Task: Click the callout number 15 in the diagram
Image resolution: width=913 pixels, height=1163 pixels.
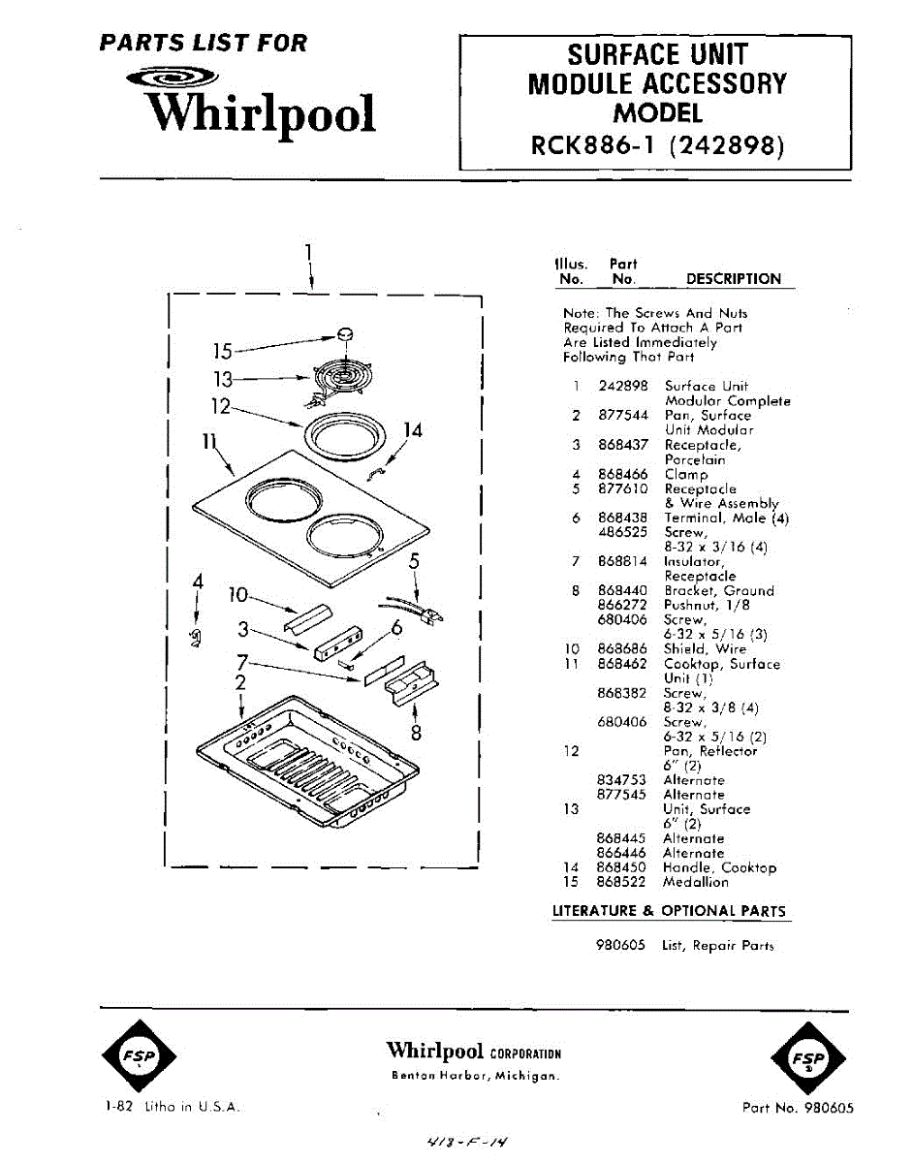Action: coord(223,351)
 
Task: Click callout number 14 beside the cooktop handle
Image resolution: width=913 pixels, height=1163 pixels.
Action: coord(414,430)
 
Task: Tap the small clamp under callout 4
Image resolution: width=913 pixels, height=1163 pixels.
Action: coord(198,636)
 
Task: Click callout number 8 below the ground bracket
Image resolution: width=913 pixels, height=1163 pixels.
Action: coord(417,733)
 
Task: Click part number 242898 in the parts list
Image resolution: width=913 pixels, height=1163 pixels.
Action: coord(622,387)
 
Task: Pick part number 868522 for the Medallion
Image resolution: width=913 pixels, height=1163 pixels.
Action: coord(621,883)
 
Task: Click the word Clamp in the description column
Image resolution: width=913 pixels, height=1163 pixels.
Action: coord(686,475)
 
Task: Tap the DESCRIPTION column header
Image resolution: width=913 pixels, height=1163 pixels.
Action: coord(733,279)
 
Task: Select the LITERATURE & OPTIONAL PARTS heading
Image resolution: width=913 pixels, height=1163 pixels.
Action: coord(669,911)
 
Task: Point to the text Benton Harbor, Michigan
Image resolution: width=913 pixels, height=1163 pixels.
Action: coord(475,1077)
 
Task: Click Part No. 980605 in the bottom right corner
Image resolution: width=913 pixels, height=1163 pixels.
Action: coord(798,1108)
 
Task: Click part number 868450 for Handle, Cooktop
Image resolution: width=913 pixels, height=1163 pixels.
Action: coord(621,868)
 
